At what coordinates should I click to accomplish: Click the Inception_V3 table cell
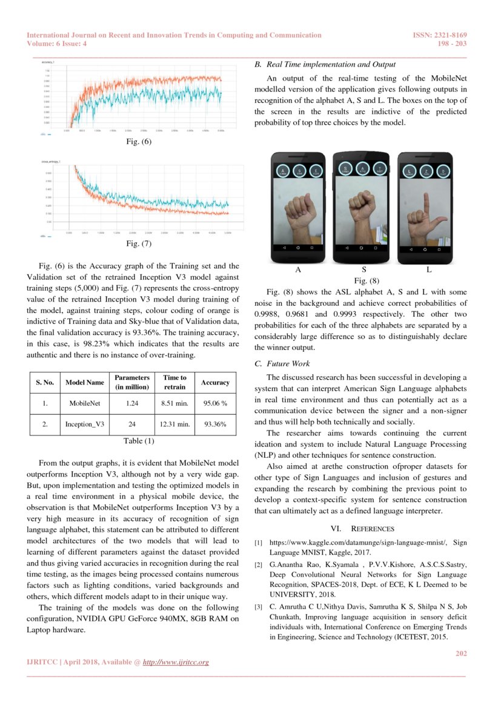point(85,425)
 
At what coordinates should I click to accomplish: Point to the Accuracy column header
point(215,382)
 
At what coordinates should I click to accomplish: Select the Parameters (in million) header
point(132,382)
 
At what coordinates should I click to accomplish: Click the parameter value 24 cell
point(132,425)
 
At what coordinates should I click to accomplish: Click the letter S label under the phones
point(363,269)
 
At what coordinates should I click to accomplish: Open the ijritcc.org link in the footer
point(176,662)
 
